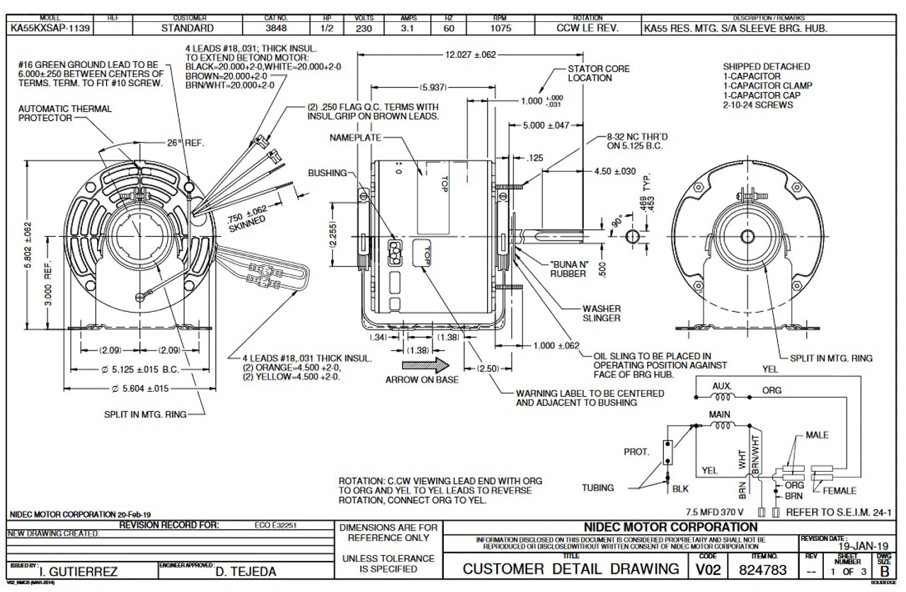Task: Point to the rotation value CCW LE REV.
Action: point(587,29)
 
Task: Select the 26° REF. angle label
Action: point(185,143)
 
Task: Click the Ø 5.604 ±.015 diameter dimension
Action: point(140,388)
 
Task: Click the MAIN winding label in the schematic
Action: point(719,414)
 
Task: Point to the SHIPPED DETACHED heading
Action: point(767,66)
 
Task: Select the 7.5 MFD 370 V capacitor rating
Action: point(715,511)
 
